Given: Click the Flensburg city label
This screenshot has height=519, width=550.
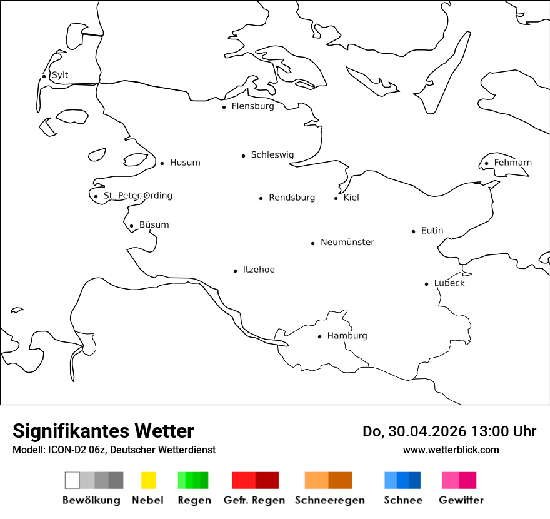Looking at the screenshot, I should (252, 106).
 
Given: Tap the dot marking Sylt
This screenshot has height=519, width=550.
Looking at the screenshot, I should (44, 76).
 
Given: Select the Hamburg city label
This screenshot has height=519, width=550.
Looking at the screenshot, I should (347, 336).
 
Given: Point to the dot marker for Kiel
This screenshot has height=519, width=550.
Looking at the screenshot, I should (336, 198).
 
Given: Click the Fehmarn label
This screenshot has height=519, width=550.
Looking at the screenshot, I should (512, 163).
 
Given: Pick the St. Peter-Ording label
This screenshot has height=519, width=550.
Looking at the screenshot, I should (137, 196).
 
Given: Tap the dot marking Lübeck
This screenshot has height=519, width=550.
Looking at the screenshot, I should (426, 284).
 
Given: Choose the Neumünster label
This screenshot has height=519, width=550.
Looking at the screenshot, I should (347, 242).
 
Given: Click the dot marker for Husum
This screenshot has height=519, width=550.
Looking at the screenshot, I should (162, 163).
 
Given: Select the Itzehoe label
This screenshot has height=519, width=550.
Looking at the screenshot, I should (259, 270).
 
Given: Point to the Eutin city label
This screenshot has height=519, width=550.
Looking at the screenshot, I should (432, 231).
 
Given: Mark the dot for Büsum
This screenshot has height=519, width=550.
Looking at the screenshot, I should (131, 226).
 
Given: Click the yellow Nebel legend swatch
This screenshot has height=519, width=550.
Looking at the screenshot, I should (148, 480).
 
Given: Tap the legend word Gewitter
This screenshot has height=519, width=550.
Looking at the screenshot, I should (461, 500).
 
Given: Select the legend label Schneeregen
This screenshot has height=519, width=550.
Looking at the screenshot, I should (330, 500).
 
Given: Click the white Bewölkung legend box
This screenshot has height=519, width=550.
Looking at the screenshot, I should (72, 480).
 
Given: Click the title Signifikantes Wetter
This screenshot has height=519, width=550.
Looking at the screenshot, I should (103, 431).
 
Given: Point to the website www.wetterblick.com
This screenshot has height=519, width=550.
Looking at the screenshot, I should (451, 450).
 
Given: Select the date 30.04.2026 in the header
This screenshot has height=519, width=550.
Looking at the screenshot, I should (424, 431).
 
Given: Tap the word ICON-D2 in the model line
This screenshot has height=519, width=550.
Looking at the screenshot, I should (64, 450).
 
